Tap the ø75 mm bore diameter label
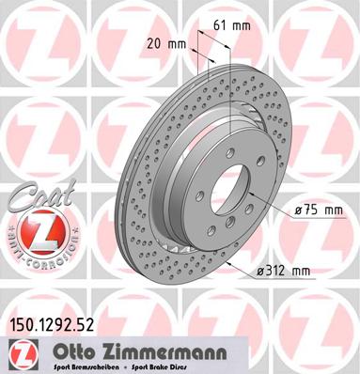coord(315,210)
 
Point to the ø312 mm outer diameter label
coord(284,272)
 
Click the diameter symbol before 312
coord(259,272)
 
